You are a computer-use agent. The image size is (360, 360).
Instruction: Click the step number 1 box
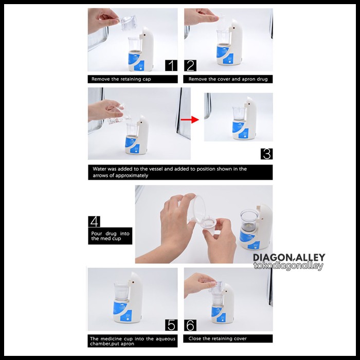[171, 65]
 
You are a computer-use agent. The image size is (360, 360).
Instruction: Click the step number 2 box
[190, 65]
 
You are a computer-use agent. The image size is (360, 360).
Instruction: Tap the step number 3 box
[266, 154]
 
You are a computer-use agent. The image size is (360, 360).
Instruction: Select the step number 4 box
[94, 221]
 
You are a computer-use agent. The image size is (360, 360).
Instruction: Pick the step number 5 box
[171, 325]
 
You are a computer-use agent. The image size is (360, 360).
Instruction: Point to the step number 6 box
[190, 325]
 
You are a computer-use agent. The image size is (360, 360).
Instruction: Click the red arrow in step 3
[190, 120]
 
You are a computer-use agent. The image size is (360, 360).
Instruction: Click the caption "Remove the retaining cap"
[121, 79]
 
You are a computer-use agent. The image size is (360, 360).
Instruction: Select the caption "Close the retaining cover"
[218, 338]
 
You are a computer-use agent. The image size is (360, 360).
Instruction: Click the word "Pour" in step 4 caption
[97, 233]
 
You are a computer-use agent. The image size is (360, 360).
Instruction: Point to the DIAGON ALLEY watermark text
[289, 257]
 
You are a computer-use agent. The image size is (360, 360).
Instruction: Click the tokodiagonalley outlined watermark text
[289, 266]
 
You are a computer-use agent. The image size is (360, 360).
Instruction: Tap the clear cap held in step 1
[129, 23]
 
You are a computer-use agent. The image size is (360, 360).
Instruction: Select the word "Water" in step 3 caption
[99, 169]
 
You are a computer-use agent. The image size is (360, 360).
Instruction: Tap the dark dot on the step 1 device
[145, 36]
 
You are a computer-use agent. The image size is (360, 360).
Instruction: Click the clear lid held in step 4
[199, 209]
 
